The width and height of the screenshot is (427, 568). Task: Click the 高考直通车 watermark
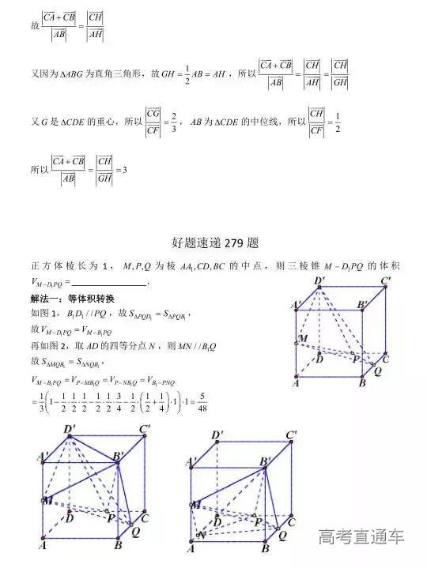[x=361, y=537]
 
